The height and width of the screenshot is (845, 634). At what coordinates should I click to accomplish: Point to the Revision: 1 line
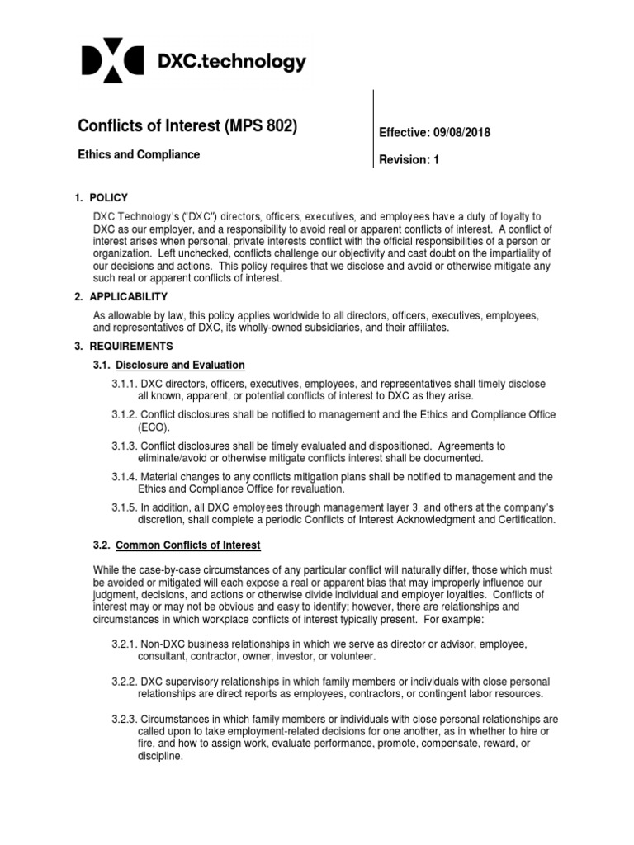coord(409,160)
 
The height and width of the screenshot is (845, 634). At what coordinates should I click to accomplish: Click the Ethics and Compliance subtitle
coord(139,154)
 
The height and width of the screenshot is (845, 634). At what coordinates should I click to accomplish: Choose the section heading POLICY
coord(110,198)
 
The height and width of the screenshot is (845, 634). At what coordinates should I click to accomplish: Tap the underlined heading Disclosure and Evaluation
coord(181,365)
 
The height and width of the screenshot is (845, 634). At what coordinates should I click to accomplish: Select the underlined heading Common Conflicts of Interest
coord(188,545)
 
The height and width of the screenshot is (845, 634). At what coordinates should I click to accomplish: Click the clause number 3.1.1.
coord(125,385)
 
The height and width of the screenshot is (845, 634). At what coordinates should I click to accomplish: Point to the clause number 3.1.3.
coord(125,446)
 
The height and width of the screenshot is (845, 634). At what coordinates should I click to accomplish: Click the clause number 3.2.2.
coord(125,682)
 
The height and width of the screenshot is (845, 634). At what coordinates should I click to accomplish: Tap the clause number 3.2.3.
coord(125,719)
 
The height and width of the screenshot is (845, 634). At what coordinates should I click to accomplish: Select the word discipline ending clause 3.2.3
coord(158,756)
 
